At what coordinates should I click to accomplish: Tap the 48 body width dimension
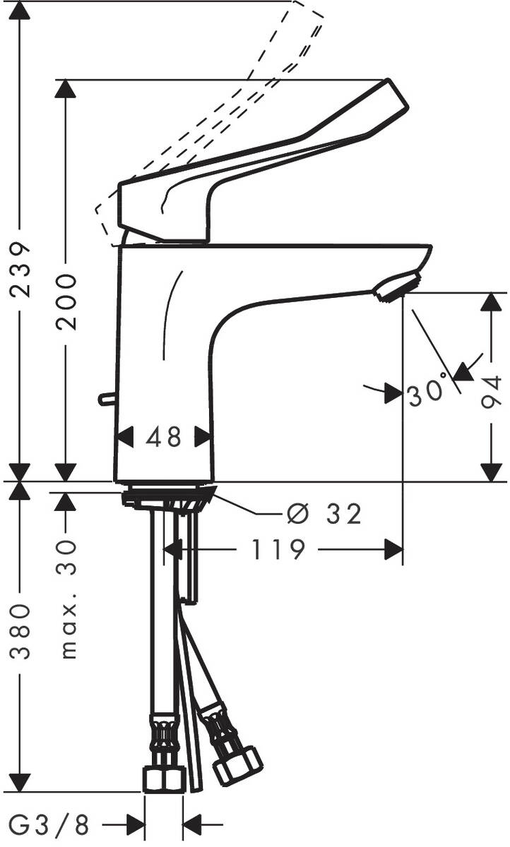pyautogui.click(x=164, y=437)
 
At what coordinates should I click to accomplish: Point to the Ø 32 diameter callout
pyautogui.click(x=324, y=515)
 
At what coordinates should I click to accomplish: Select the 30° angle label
pyautogui.click(x=427, y=393)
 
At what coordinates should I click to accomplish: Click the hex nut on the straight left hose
pyautogui.click(x=163, y=778)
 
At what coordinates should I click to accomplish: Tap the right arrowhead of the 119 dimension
pyautogui.click(x=393, y=549)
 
